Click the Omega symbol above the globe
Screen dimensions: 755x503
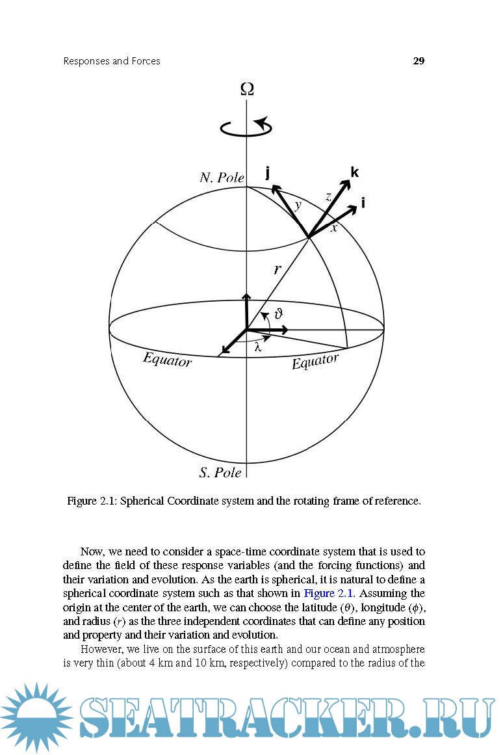[247, 89]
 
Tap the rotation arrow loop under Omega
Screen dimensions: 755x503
[246, 127]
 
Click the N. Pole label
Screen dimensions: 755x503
[222, 178]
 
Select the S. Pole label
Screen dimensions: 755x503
[220, 473]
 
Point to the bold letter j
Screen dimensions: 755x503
[268, 172]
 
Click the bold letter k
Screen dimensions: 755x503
[354, 172]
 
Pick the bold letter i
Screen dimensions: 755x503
[363, 204]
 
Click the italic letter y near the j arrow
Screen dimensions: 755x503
[298, 205]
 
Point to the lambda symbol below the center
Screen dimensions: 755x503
[258, 347]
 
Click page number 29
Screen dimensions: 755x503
[419, 61]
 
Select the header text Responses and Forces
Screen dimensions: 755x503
[112, 61]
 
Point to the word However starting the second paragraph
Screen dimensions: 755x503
[101, 650]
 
